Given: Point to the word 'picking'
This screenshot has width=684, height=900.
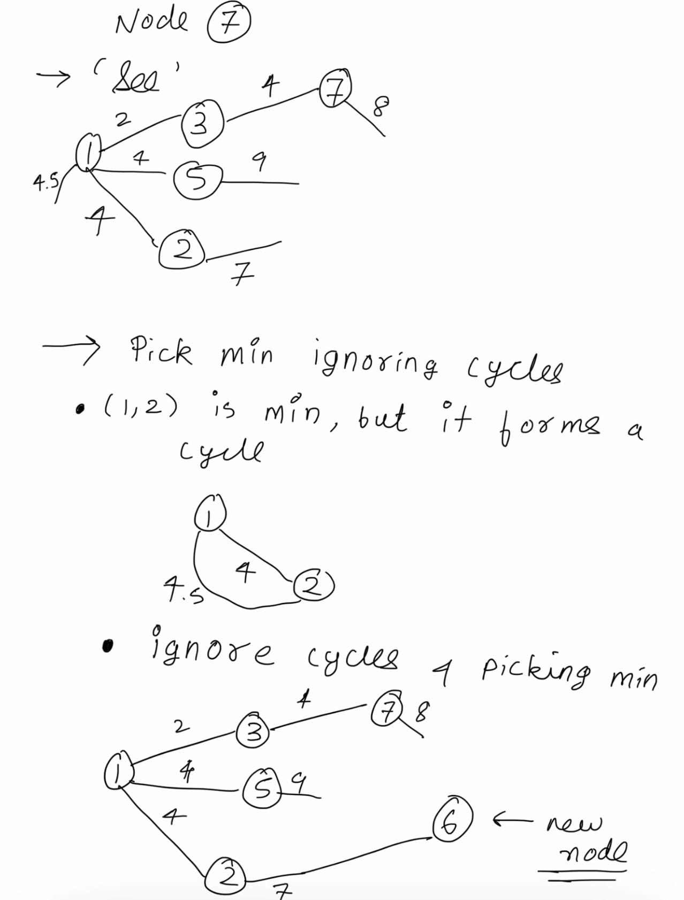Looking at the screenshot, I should (536, 669).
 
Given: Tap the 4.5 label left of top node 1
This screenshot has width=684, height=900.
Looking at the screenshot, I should (44, 183).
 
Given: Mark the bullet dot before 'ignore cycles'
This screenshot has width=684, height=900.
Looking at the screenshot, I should (108, 646).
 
